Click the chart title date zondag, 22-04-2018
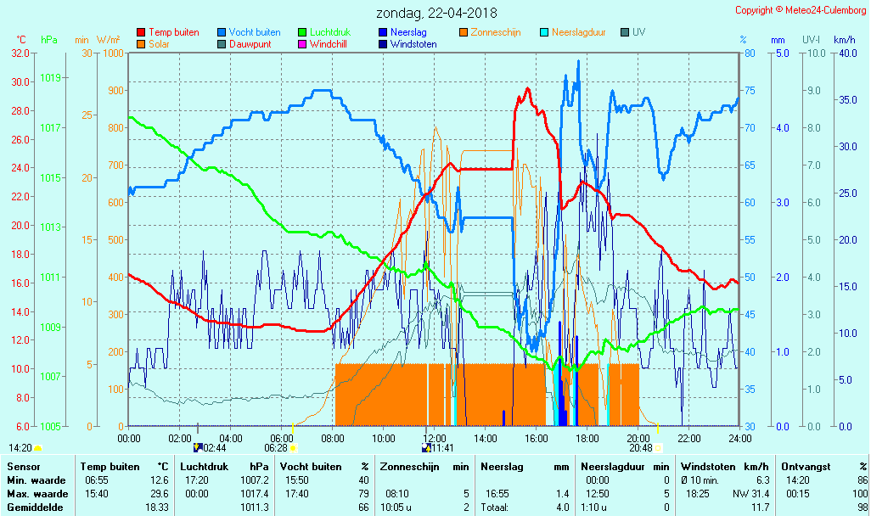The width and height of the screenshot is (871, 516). click(x=436, y=13)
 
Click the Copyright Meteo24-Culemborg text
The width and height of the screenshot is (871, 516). click(x=801, y=10)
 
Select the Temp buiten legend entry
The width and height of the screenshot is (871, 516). click(x=173, y=32)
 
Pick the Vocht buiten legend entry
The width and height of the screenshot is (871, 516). click(x=254, y=32)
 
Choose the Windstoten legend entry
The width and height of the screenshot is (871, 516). click(x=413, y=44)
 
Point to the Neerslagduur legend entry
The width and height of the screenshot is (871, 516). click(x=578, y=32)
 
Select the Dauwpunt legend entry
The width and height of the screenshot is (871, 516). click(x=250, y=44)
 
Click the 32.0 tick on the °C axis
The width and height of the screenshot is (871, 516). click(x=20, y=53)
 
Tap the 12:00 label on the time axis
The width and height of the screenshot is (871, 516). click(x=435, y=438)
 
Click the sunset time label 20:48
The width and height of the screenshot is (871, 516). click(x=641, y=448)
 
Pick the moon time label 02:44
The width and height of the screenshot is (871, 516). click(x=215, y=448)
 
